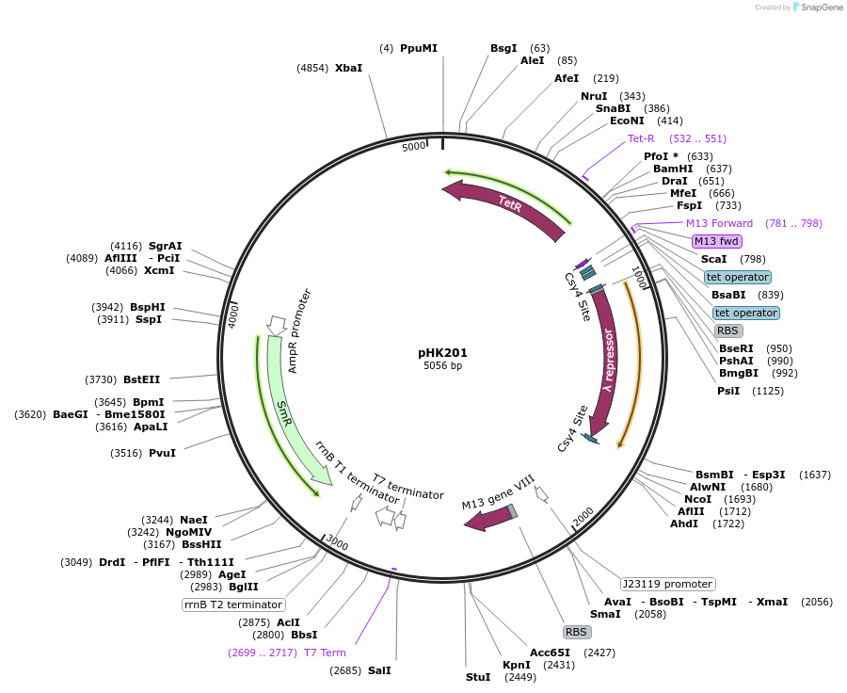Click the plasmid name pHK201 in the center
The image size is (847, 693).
point(442,353)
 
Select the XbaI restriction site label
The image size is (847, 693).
point(348,68)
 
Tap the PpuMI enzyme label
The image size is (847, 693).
point(418,48)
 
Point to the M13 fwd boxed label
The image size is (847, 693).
point(716,241)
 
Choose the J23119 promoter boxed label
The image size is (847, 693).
point(667,584)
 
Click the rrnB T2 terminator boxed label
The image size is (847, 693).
point(233,604)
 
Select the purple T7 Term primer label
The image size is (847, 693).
point(325,653)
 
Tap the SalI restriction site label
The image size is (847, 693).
point(379,670)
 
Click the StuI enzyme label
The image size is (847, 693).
point(478,677)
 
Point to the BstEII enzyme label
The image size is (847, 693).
point(141,379)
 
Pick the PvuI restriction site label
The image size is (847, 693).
point(162,453)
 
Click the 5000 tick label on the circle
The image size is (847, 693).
point(414,147)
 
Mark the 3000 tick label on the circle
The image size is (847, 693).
point(337,545)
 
